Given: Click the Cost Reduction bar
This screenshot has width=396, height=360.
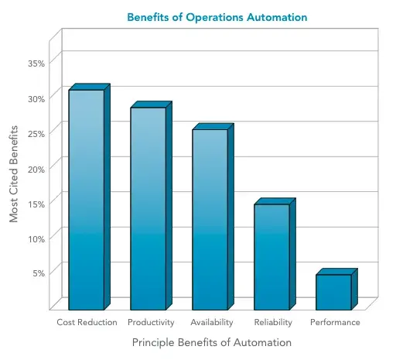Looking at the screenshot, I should coord(86,199).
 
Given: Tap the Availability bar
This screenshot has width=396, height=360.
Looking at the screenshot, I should coord(210,218).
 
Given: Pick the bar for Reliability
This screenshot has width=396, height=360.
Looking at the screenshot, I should coord(271,255).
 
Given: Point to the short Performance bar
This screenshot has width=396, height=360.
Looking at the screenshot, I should coord(333,291).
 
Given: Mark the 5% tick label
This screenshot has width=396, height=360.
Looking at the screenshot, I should coord(39,273).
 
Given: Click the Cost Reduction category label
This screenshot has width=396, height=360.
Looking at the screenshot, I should coord(87,322).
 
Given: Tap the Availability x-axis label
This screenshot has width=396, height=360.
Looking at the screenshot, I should coord(211,322).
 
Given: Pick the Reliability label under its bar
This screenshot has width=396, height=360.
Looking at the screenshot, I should coord(273,322).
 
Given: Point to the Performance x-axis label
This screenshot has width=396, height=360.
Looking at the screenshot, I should coord(335,322).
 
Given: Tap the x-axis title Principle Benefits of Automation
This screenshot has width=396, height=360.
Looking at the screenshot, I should coord(211,341).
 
